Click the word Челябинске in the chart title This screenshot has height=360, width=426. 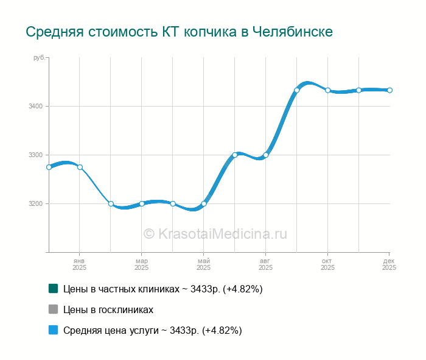[292, 32]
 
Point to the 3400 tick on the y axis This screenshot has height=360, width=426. [35, 106]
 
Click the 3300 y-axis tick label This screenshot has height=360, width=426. [35, 155]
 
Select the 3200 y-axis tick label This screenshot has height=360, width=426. [35, 203]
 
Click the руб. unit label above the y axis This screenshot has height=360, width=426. [39, 57]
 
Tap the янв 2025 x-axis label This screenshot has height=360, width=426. [80, 264]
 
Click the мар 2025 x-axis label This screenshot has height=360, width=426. [141, 264]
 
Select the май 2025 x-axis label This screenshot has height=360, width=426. [203, 264]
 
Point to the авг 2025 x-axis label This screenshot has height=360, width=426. [265, 264]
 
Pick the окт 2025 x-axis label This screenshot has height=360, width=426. [327, 264]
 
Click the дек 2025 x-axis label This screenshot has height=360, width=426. [389, 264]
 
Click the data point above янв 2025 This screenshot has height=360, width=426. [80, 168]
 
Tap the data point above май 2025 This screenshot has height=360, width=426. [204, 203]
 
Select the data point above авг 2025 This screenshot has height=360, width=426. [266, 155]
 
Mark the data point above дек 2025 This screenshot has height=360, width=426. [389, 90]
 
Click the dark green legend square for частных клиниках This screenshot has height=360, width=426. [53, 289]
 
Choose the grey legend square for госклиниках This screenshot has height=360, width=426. [53, 309]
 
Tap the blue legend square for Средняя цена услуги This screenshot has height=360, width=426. [53, 330]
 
